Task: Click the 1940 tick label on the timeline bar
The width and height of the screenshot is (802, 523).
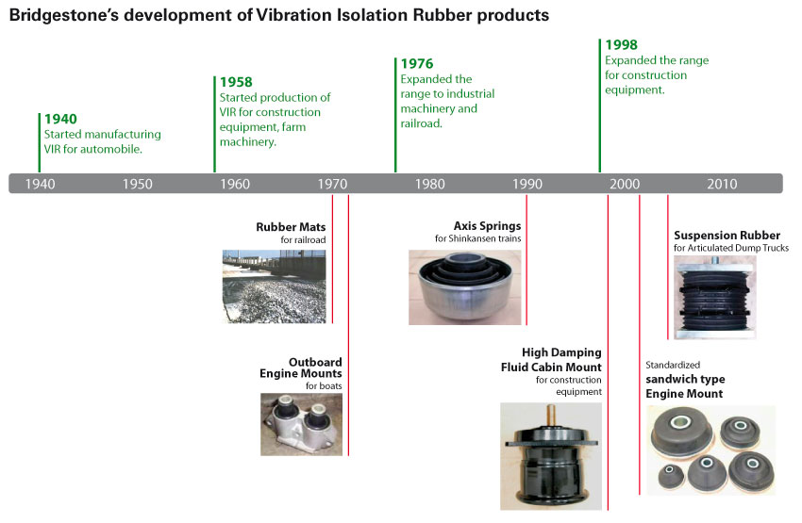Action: pos(40,184)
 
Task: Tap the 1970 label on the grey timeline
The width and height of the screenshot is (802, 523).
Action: pos(332,184)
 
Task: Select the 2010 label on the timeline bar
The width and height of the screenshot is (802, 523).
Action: pos(722,184)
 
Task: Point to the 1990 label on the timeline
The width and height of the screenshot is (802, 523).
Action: pos(527,184)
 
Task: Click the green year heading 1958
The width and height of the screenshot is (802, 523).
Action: pos(236,82)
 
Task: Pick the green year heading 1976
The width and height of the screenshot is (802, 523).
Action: pos(417,63)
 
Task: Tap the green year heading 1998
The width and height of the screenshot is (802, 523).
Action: pos(622,45)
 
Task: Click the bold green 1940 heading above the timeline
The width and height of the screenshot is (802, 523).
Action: pos(60,119)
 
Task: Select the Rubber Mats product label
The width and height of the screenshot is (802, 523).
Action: pos(291,227)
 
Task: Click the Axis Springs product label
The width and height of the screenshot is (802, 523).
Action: pos(487,226)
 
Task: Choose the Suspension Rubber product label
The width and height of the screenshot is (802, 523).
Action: pos(727,236)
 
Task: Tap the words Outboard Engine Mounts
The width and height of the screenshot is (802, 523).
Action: pos(301,368)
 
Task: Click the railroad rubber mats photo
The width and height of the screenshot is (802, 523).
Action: pos(275,286)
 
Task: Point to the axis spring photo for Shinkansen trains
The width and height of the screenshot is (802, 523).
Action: pos(465,287)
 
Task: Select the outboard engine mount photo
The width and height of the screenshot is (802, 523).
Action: pos(301,424)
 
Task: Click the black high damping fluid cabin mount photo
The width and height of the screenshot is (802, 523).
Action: pos(551,456)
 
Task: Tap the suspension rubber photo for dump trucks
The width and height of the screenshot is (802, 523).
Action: pos(714,298)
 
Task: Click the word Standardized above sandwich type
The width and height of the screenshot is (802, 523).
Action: pos(673,365)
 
